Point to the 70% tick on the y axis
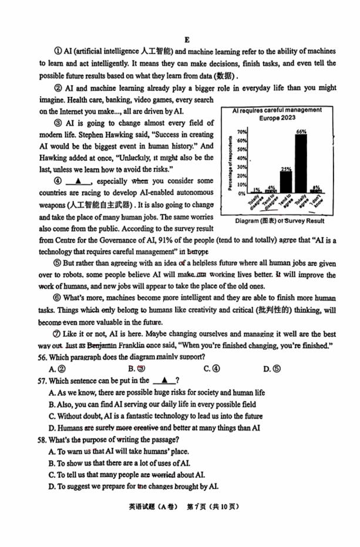(242, 131)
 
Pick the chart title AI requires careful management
(277, 110)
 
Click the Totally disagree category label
(254, 201)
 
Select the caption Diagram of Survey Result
(279, 221)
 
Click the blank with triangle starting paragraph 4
(78, 181)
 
